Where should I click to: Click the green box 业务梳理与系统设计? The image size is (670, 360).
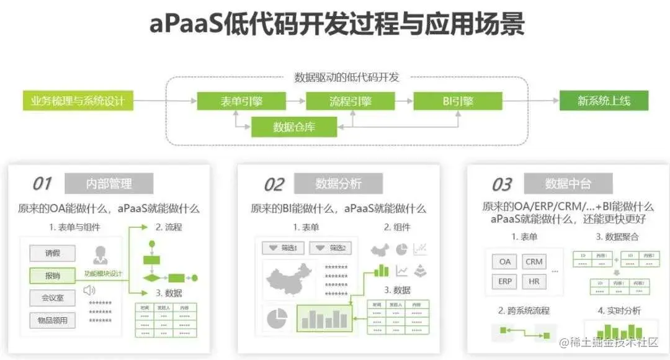coord(78,101)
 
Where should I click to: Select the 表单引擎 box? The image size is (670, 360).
coord(241,101)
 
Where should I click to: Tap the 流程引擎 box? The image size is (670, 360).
coord(350,101)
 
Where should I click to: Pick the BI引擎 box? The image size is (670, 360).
coord(458,101)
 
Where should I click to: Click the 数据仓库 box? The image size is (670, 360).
coord(294,127)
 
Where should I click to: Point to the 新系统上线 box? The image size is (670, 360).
coord(604,101)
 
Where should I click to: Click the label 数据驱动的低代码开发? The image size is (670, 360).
coord(346,78)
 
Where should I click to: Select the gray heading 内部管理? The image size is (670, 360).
coord(109,184)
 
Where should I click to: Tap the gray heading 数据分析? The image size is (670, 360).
coord(338,184)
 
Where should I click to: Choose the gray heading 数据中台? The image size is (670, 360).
coord(568,184)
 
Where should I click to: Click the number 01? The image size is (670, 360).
coord(42,184)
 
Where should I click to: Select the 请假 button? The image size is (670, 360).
coord(52,253)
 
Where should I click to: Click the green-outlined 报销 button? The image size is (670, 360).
coord(52,276)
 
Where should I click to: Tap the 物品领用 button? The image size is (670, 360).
coord(52,320)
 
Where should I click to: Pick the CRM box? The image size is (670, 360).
coord(534,261)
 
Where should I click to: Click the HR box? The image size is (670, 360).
coord(534,281)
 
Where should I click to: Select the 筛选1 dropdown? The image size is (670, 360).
coord(282,248)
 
